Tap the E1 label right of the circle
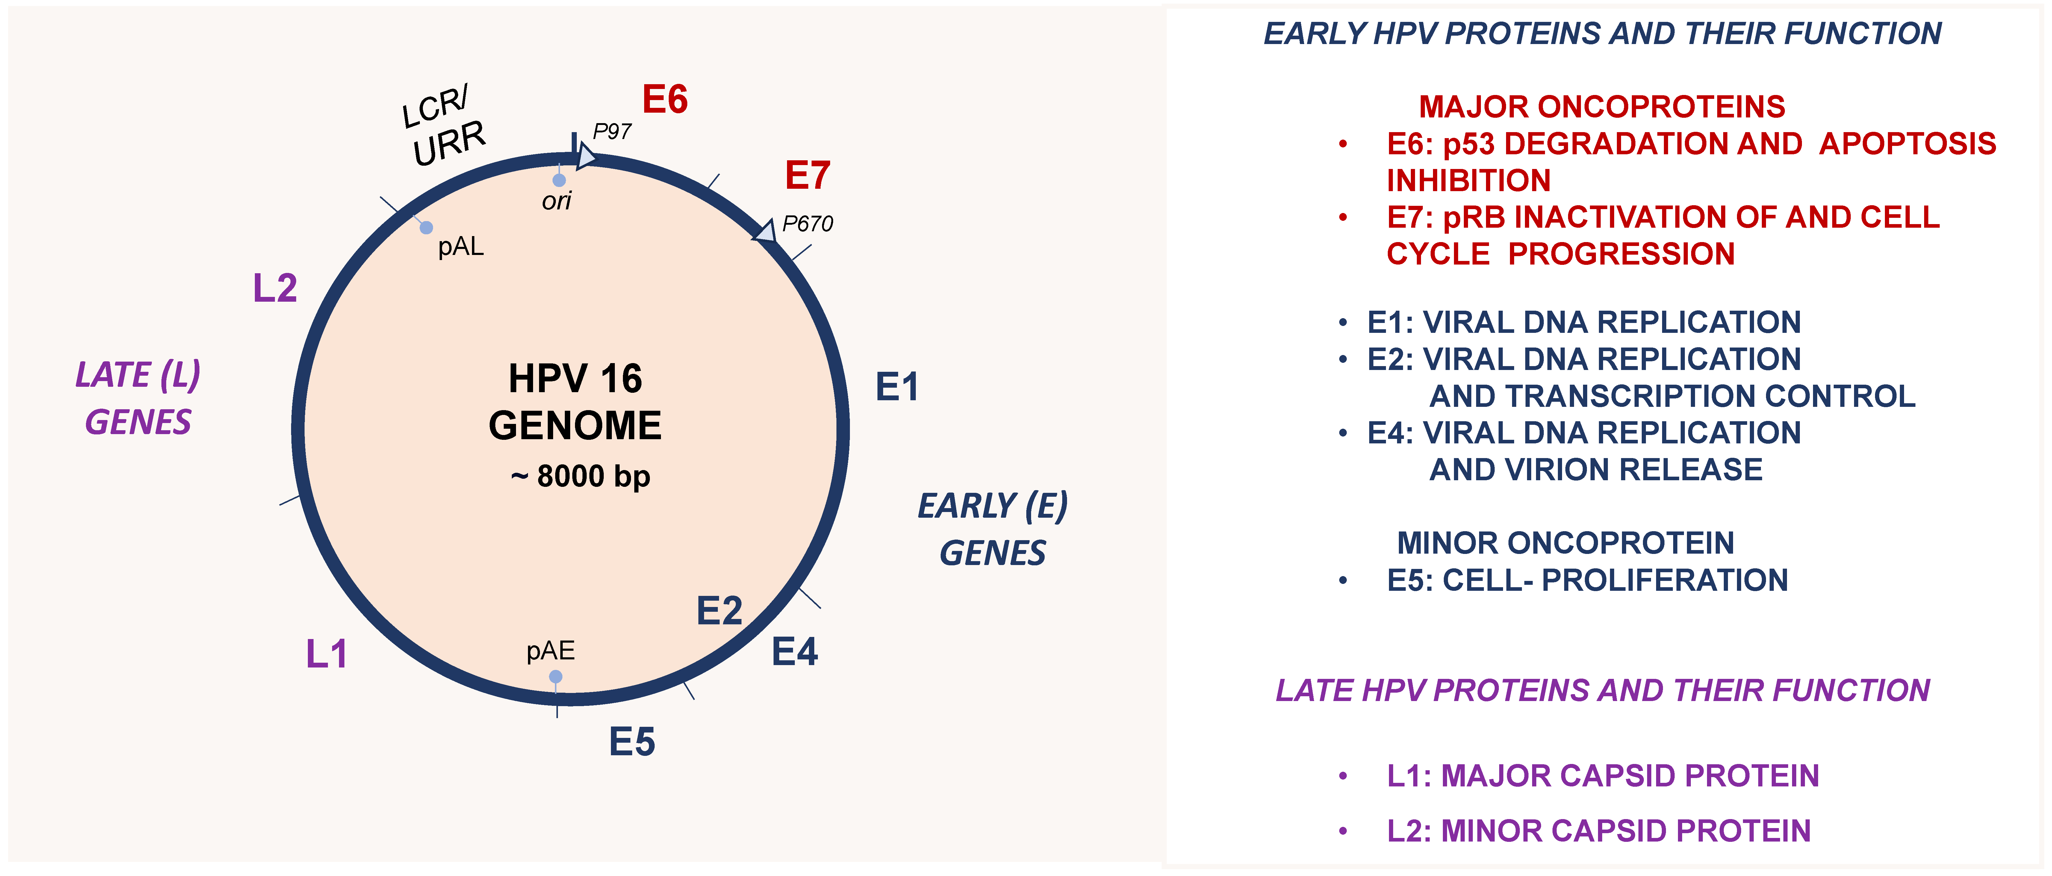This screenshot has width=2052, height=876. point(897,387)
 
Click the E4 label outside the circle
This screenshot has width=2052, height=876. point(794,652)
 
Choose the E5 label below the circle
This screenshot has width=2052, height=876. point(632,742)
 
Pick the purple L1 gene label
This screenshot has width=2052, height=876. point(327,654)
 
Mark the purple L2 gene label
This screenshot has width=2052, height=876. point(275,288)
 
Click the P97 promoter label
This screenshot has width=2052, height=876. point(612,132)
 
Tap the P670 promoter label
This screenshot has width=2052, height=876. point(807,224)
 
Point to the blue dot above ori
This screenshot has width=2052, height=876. point(559,180)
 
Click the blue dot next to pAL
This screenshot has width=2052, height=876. point(426,228)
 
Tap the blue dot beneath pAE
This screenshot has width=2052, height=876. point(556,677)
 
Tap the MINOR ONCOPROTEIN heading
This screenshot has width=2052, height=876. point(1565,543)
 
